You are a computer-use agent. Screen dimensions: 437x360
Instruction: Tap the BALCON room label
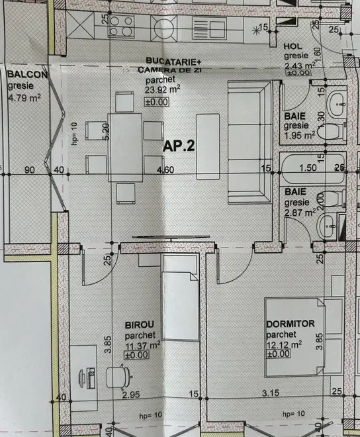tap(26, 75)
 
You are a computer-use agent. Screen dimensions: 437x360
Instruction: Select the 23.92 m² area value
tap(160, 92)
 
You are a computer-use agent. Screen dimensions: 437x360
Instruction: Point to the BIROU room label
tap(140, 324)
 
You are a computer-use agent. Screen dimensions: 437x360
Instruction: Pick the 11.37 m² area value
tap(143, 344)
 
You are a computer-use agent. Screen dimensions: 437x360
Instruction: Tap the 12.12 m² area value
tap(284, 344)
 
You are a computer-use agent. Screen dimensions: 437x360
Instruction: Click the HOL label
tap(292, 46)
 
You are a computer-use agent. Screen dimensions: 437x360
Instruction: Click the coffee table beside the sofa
tap(208, 146)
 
